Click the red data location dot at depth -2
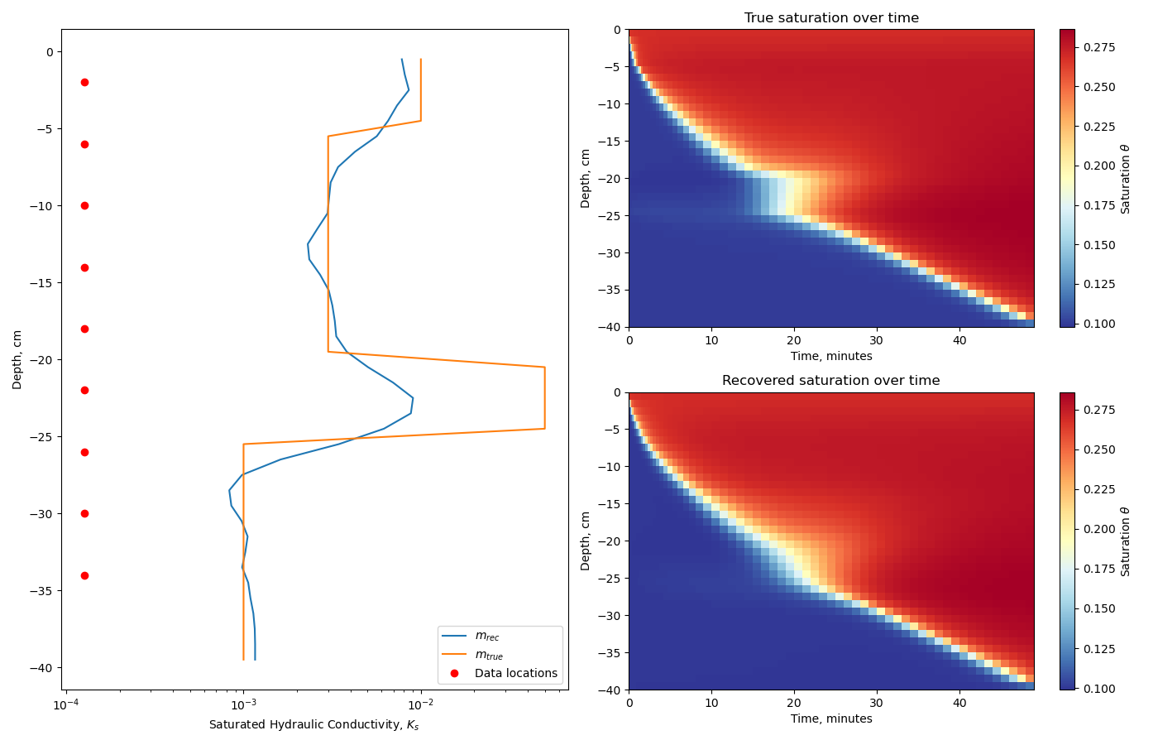point(84,82)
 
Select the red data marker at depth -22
point(84,390)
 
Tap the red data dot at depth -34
point(84,575)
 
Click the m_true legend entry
point(488,655)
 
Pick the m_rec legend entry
point(486,637)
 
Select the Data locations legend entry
point(515,673)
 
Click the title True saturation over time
point(831,18)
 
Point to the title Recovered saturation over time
point(830,381)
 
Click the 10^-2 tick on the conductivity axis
point(420,705)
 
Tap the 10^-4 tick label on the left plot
point(65,705)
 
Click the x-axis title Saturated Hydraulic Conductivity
point(314,725)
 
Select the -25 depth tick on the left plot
point(41,436)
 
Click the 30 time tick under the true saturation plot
point(877,340)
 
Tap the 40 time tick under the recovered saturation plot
point(959,703)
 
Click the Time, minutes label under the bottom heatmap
point(831,719)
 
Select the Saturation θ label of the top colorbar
point(1125,178)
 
